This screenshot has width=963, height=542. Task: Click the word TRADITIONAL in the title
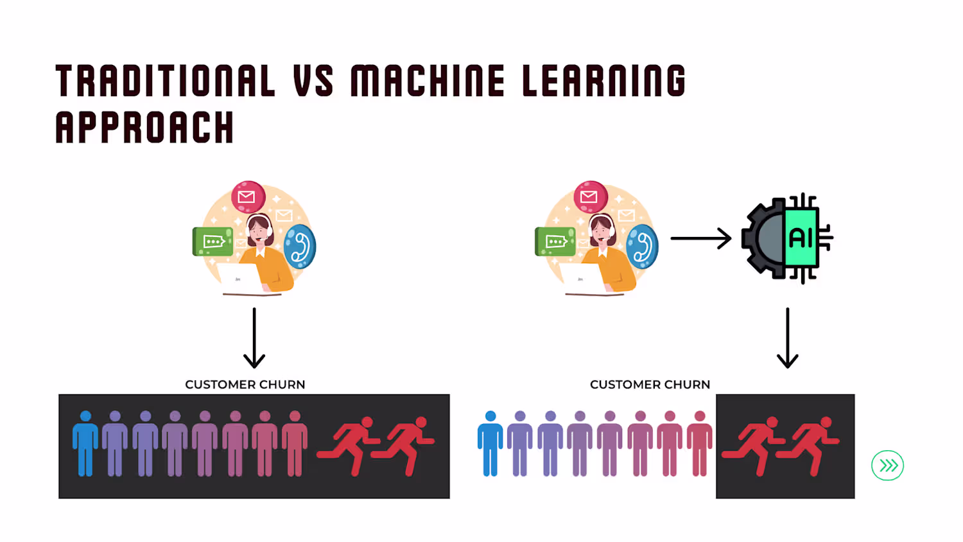tap(166, 81)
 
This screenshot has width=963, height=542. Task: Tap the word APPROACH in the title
tap(144, 127)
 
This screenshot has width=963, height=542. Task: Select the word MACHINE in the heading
tap(428, 81)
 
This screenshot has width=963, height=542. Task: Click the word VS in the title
tap(313, 81)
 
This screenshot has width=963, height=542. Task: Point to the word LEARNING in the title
tap(603, 81)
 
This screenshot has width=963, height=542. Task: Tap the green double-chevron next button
tap(887, 466)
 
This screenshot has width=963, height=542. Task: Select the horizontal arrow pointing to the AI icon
tap(700, 238)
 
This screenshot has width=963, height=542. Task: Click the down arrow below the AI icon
tap(787, 338)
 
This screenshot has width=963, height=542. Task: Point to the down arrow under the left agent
tap(254, 338)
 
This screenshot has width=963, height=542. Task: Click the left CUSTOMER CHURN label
tap(245, 385)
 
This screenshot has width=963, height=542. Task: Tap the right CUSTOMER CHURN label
tap(650, 385)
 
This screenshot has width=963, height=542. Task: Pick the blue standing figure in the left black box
tap(85, 444)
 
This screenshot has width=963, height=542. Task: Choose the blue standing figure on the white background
tap(490, 444)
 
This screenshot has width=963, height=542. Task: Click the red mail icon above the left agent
tap(248, 197)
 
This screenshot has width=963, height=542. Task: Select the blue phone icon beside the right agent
tap(643, 247)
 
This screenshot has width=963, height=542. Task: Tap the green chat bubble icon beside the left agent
tap(213, 241)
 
